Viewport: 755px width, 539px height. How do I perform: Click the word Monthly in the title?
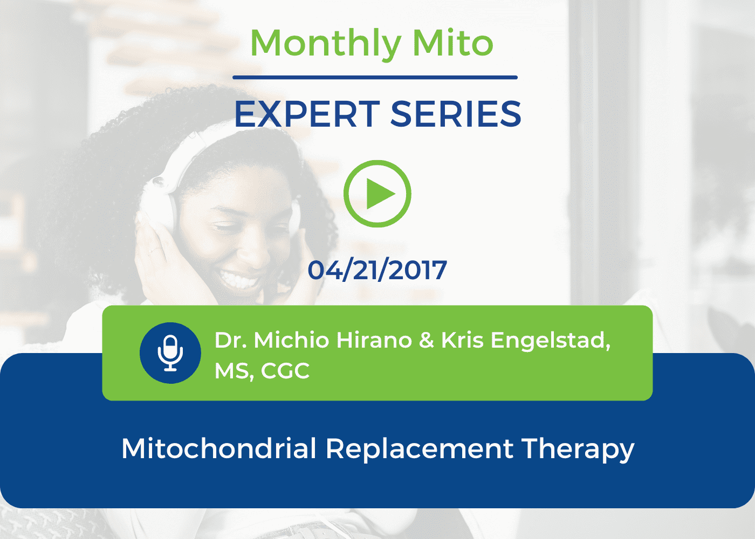click(x=326, y=44)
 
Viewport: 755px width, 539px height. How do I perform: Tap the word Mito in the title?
click(x=453, y=43)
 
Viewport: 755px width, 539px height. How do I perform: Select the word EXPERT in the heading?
click(x=307, y=114)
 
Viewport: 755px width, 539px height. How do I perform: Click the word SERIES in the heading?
click(x=456, y=114)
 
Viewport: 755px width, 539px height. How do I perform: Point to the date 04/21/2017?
click(x=377, y=270)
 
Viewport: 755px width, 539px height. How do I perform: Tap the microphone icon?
click(x=170, y=353)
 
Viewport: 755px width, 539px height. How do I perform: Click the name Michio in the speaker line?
click(x=292, y=340)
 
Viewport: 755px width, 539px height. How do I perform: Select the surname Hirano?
click(x=374, y=340)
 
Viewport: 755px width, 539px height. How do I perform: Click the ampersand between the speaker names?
click(x=427, y=340)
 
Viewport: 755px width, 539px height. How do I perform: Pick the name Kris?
click(x=463, y=340)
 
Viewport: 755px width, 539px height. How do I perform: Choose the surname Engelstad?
click(x=551, y=341)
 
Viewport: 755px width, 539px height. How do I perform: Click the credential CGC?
click(x=285, y=371)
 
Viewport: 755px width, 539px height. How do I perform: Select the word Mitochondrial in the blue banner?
click(x=219, y=448)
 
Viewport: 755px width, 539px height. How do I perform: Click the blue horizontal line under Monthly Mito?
click(x=375, y=78)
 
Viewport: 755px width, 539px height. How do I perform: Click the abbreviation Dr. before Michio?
click(x=231, y=340)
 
